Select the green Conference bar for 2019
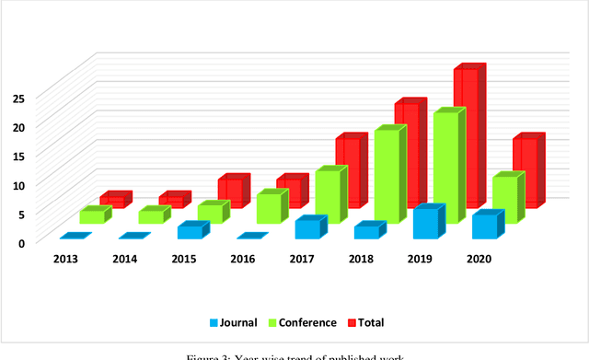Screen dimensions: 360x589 pyautogui.click(x=445, y=166)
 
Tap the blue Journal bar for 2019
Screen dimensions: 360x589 pyautogui.click(x=424, y=225)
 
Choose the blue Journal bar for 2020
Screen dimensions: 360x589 pyautogui.click(x=484, y=226)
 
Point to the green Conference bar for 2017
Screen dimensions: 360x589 pyautogui.click(x=328, y=195)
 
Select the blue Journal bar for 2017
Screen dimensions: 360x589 pyautogui.click(x=307, y=229)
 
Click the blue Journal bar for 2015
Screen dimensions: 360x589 pyautogui.click(x=189, y=231)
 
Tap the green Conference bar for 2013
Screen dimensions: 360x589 pyautogui.click(x=92, y=217)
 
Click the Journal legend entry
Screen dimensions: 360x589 pyautogui.click(x=237, y=322)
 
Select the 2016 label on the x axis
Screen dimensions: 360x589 pyautogui.click(x=244, y=260)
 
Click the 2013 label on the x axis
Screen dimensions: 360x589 pyautogui.click(x=65, y=260)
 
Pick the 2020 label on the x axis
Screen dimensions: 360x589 pyautogui.click(x=479, y=260)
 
